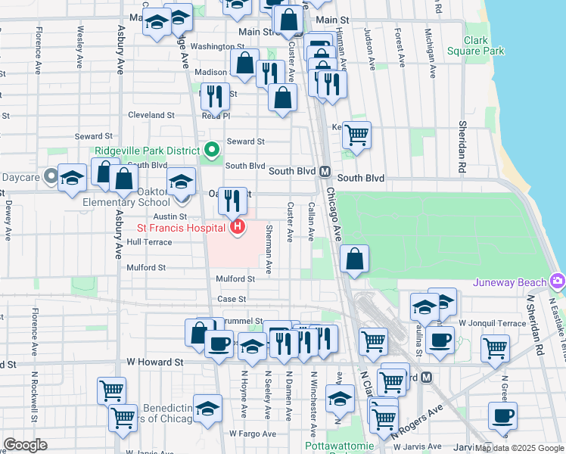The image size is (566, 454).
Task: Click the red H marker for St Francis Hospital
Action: click(x=238, y=227)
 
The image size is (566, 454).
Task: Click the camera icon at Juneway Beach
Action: click(x=558, y=281)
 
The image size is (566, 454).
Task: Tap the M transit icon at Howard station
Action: click(x=426, y=377)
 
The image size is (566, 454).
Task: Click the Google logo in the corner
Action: click(x=26, y=444)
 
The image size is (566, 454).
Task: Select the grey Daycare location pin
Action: click(x=51, y=176)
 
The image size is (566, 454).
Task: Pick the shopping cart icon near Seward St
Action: click(x=356, y=135)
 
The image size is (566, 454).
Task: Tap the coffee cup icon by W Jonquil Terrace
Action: click(x=440, y=339)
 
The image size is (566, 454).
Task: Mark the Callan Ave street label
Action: click(x=311, y=222)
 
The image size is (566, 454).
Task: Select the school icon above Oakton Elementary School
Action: click(x=181, y=182)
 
